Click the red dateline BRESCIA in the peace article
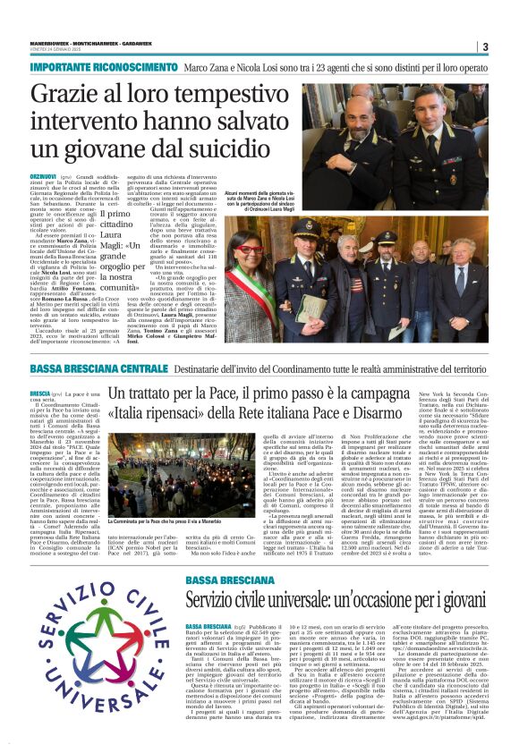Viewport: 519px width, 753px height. click(x=39, y=393)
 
